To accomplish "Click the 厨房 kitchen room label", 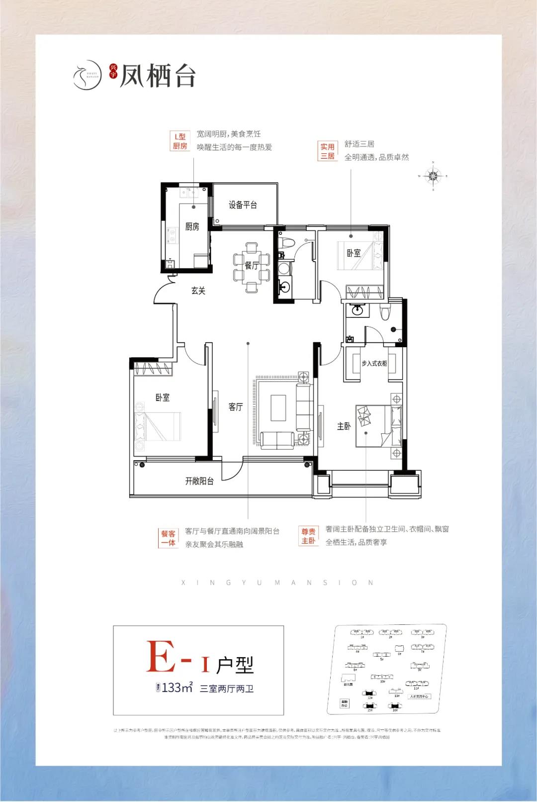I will click(192, 227).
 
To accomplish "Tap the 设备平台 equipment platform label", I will click(243, 205).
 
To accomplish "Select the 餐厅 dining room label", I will click(252, 266).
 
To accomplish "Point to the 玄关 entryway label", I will click(198, 291).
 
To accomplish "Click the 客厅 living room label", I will click(236, 407).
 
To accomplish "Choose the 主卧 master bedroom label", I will click(344, 426).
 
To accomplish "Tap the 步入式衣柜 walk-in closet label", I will click(374, 364).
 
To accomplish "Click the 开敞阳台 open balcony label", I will click(199, 481).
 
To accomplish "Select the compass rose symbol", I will click(434, 176).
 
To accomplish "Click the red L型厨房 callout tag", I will click(180, 141).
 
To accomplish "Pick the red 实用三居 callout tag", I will click(327, 151).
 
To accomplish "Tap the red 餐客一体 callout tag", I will click(168, 538).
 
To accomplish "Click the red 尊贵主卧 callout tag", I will click(308, 536).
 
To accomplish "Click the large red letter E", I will click(161, 657).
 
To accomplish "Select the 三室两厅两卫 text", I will click(227, 689).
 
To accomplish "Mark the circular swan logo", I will click(87, 76).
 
